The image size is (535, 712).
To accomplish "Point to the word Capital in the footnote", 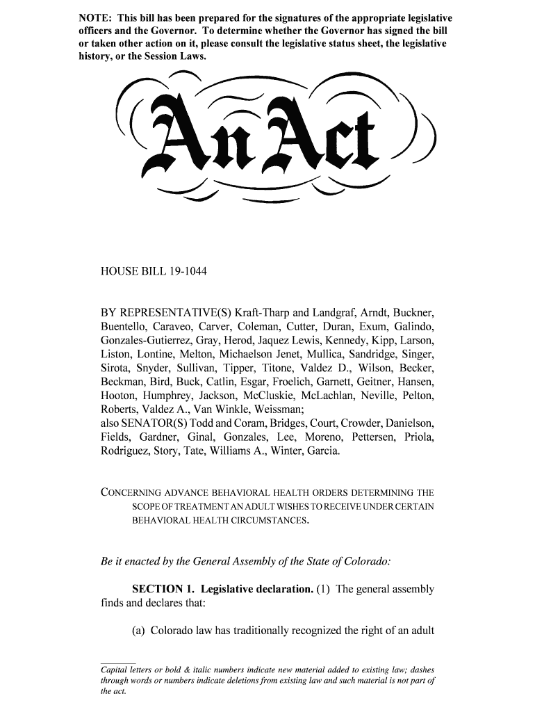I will click(115, 670).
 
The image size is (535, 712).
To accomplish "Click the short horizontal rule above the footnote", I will click(117, 663).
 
